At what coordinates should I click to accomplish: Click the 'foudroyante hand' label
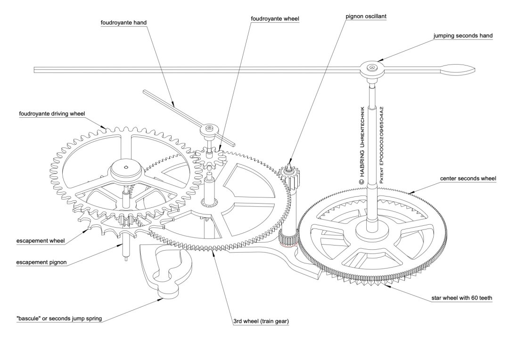pos(120,22)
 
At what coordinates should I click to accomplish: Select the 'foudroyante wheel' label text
pos(275,19)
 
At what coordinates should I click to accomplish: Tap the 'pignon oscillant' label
pos(360,16)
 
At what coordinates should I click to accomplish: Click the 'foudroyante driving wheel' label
pos(51,114)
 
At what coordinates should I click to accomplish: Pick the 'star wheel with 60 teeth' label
pos(462,298)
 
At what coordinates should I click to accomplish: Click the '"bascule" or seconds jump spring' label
pos(59,319)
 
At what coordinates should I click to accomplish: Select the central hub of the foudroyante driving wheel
pos(126,167)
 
